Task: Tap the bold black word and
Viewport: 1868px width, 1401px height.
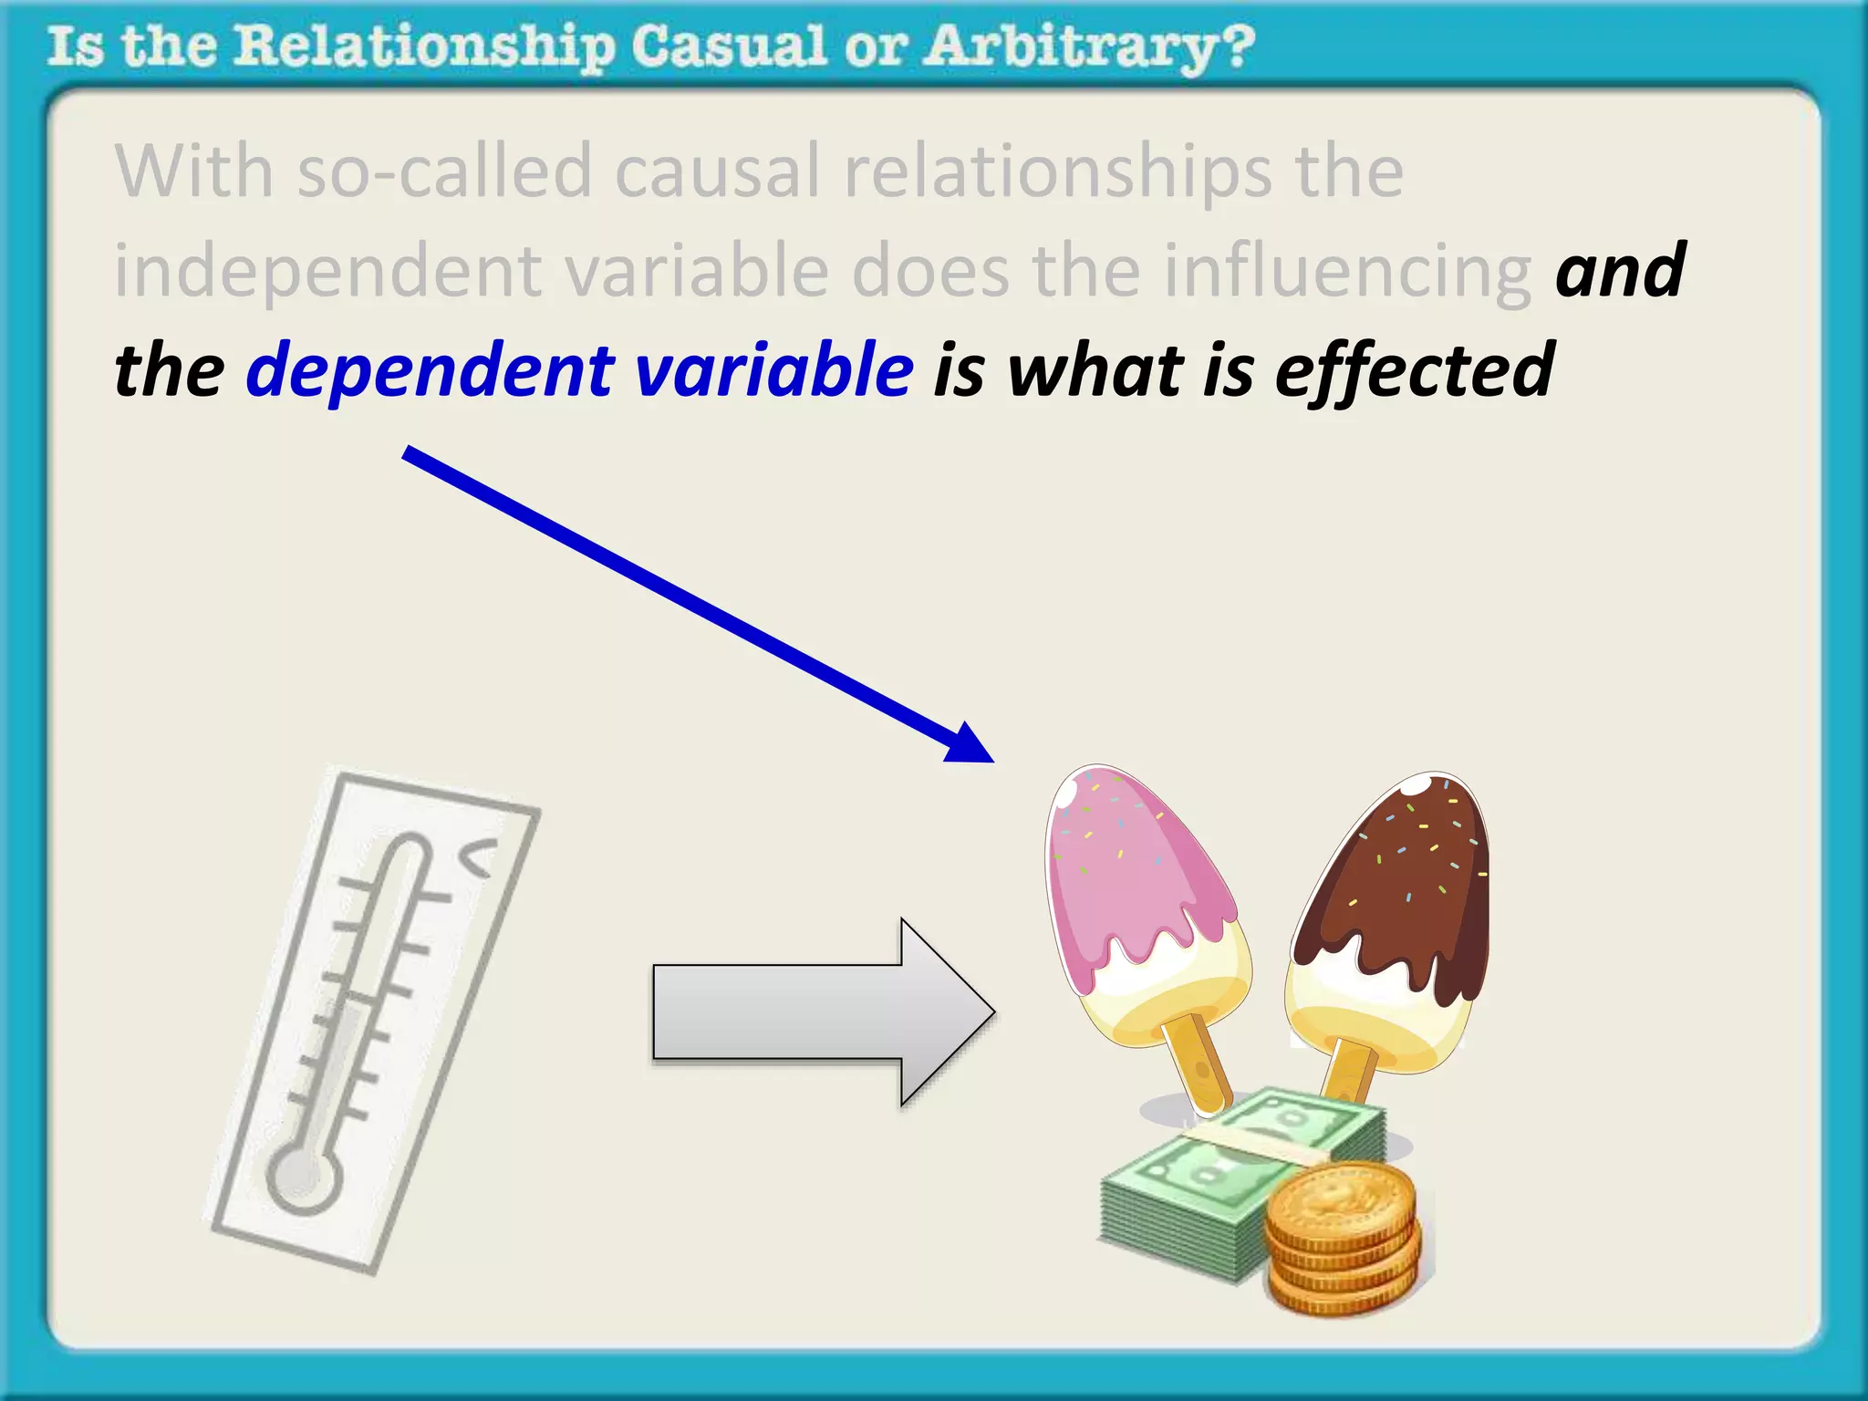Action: coord(1620,272)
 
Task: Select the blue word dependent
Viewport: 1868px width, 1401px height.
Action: coord(431,370)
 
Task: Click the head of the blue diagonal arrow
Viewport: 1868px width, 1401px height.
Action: coord(971,743)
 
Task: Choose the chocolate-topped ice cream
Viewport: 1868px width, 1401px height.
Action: coord(1391,912)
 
